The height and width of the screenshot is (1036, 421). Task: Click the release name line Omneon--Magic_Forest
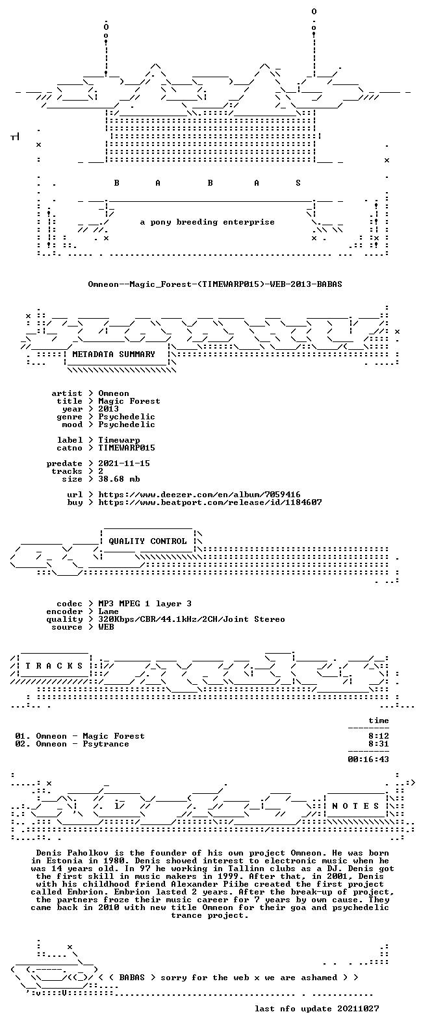[215, 284]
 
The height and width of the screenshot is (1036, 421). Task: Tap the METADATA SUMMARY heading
[114, 354]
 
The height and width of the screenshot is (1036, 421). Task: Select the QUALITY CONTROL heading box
[147, 541]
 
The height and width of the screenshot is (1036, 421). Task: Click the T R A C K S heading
[54, 665]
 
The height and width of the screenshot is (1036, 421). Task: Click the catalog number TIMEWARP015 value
[127, 448]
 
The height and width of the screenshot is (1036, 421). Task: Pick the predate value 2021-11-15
[123, 463]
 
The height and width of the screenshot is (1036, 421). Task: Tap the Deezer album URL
[199, 495]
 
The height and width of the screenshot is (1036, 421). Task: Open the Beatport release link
[210, 502]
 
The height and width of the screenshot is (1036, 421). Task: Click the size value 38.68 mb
[119, 478]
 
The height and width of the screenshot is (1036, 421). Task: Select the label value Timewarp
[119, 440]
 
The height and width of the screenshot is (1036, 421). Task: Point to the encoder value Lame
[108, 611]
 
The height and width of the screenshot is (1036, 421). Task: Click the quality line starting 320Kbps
[191, 619]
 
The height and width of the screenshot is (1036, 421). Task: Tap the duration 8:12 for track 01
[378, 736]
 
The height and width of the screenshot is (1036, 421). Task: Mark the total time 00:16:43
[368, 759]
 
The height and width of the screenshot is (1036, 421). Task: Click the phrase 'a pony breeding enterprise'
[207, 222]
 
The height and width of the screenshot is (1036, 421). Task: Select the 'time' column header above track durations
[378, 720]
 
